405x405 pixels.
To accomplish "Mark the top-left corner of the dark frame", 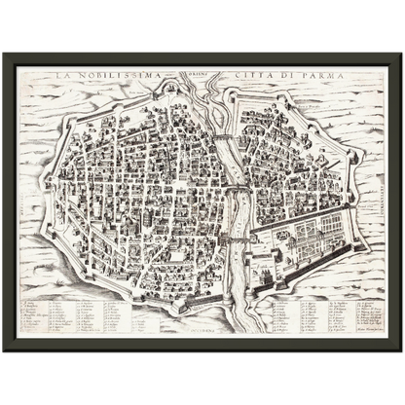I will click(4, 53).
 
